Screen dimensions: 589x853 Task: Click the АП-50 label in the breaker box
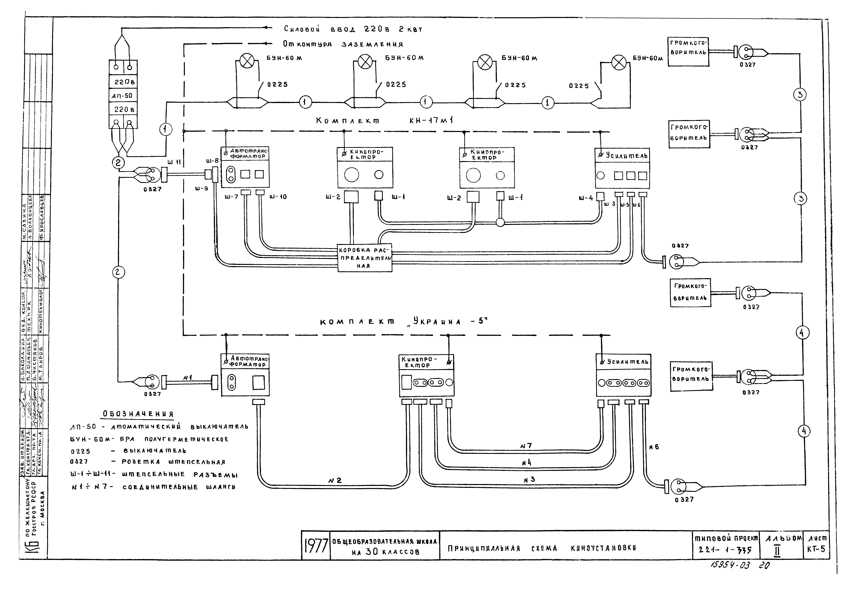click(122, 96)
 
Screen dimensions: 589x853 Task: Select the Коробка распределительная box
click(365, 258)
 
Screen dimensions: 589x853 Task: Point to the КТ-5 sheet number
click(816, 549)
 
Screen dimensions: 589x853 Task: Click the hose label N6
click(654, 447)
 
